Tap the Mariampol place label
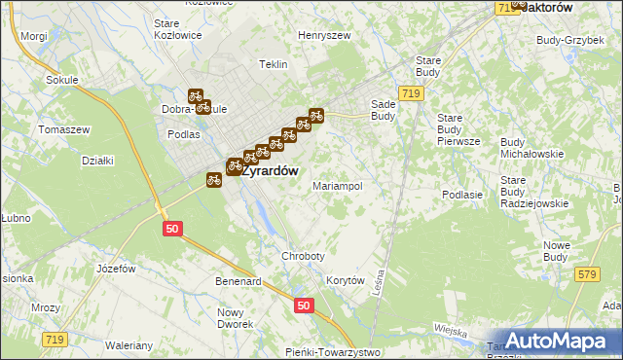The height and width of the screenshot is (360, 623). click(x=337, y=185)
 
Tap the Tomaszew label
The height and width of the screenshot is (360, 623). click(x=63, y=129)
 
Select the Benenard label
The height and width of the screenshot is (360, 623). click(x=238, y=281)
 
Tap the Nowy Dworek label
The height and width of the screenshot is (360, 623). click(x=234, y=318)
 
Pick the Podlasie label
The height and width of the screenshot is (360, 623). click(x=462, y=195)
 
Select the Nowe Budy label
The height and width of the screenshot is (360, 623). click(x=556, y=250)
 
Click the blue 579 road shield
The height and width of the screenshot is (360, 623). click(x=586, y=274)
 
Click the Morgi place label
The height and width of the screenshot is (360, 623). click(x=33, y=35)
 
